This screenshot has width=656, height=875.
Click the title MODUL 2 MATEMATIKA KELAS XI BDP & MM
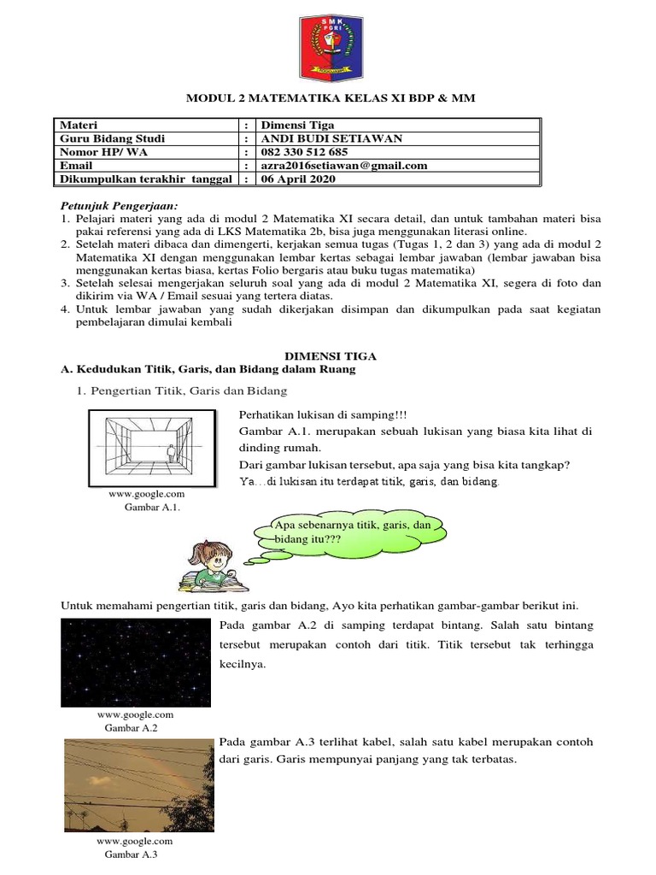point(331,99)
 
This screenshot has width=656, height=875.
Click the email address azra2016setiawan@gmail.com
point(344,166)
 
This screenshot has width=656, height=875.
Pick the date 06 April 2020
point(298,179)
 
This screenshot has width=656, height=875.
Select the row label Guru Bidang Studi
point(112,138)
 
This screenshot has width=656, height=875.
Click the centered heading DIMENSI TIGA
point(330,355)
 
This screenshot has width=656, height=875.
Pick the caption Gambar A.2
point(131,728)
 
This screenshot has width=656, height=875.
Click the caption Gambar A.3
point(132,854)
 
